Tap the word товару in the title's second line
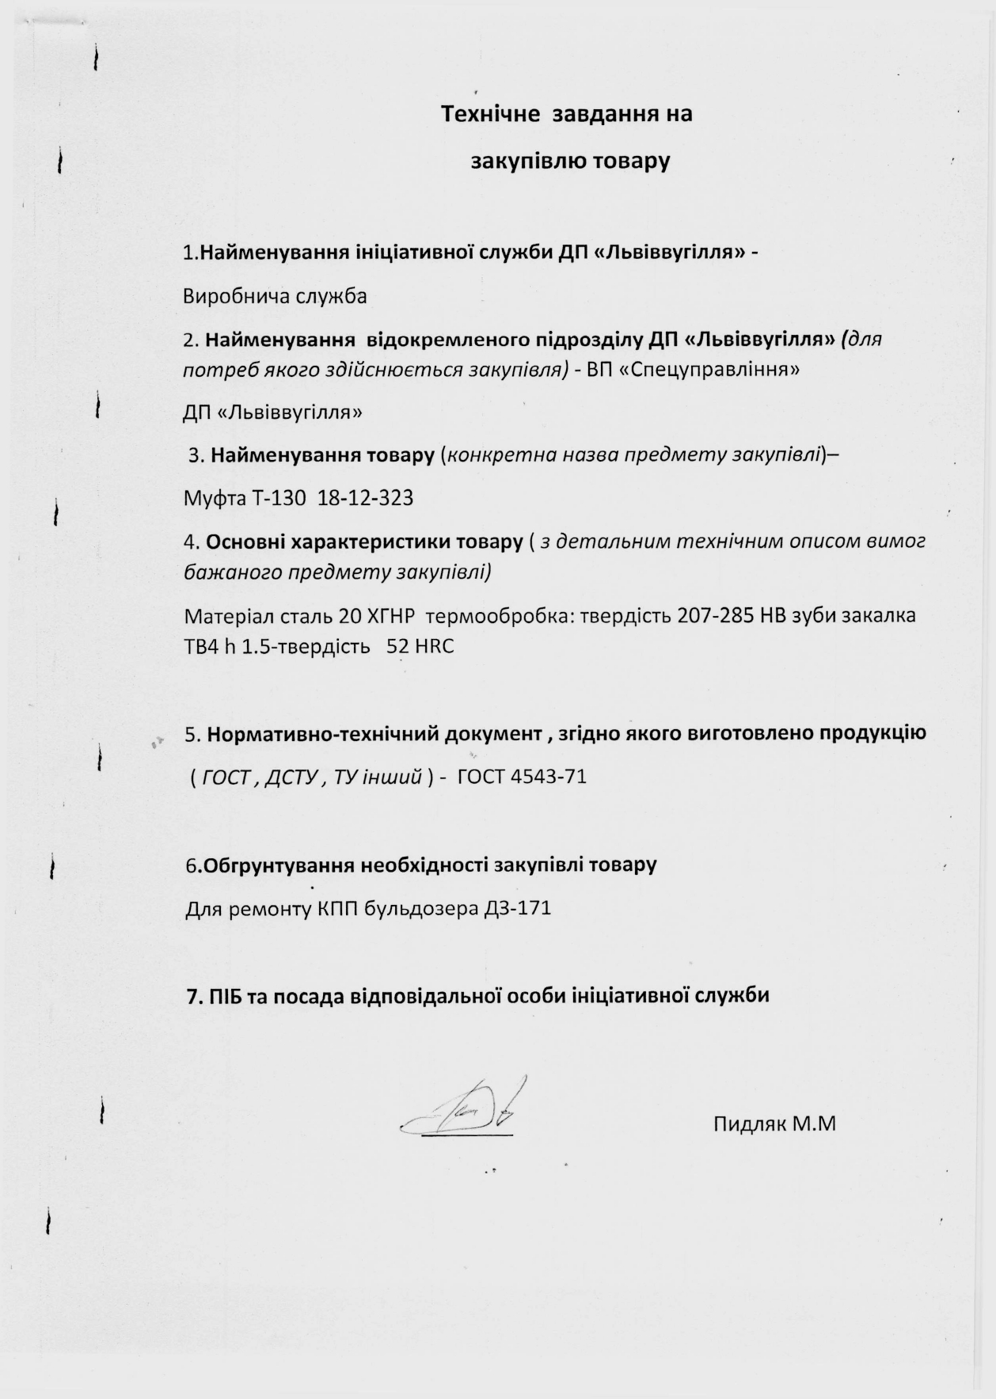pos(627,161)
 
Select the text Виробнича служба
pos(275,297)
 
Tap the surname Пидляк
pos(749,1123)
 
